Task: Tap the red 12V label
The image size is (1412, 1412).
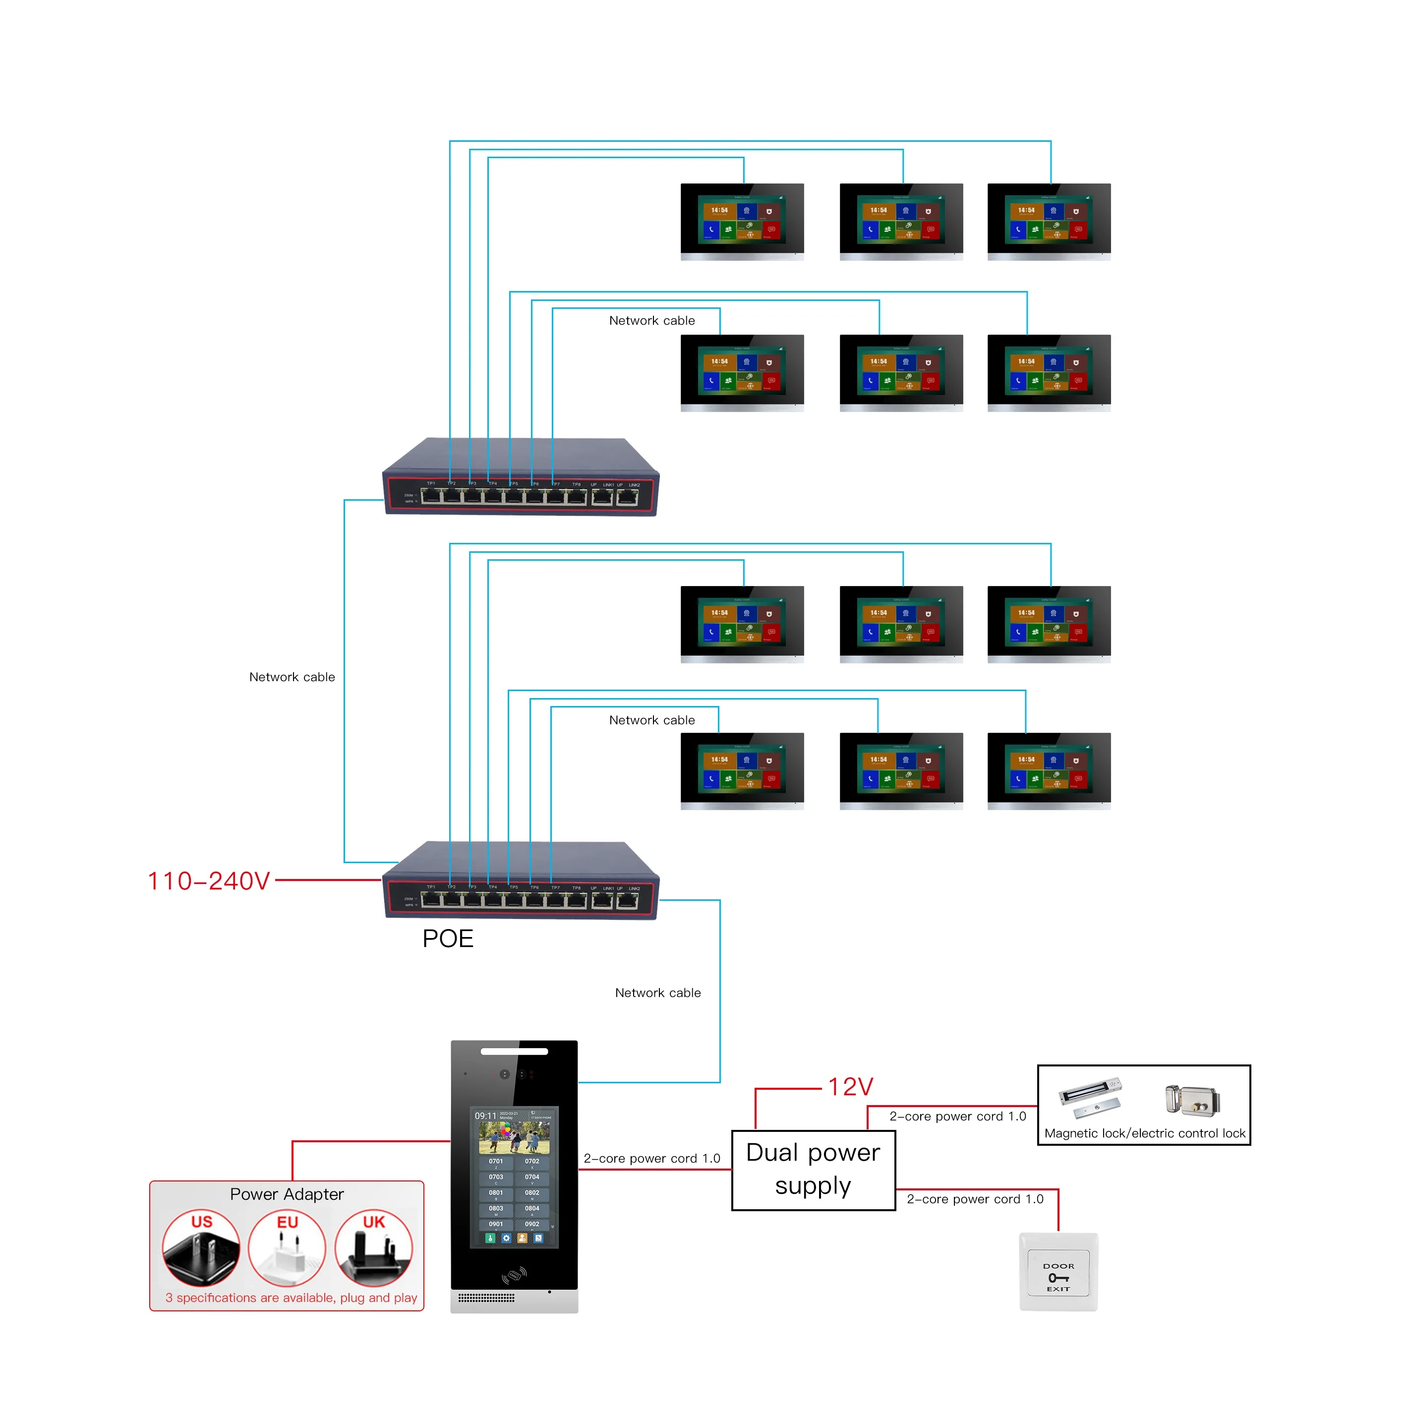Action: [850, 1087]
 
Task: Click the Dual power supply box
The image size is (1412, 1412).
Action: [813, 1170]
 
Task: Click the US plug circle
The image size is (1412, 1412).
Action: [201, 1247]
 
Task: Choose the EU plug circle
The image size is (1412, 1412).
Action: [287, 1247]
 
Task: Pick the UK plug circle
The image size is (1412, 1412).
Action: [373, 1247]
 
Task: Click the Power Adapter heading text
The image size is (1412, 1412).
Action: [287, 1194]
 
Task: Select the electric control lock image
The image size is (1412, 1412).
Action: [1192, 1100]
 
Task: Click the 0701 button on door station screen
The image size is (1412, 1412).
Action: [495, 1161]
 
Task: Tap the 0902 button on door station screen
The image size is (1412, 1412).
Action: [531, 1224]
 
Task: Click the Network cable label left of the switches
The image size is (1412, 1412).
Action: [292, 677]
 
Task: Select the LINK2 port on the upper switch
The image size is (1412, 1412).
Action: [627, 498]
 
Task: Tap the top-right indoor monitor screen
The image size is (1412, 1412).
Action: [1048, 219]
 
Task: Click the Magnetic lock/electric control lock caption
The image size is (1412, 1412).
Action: [1144, 1133]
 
